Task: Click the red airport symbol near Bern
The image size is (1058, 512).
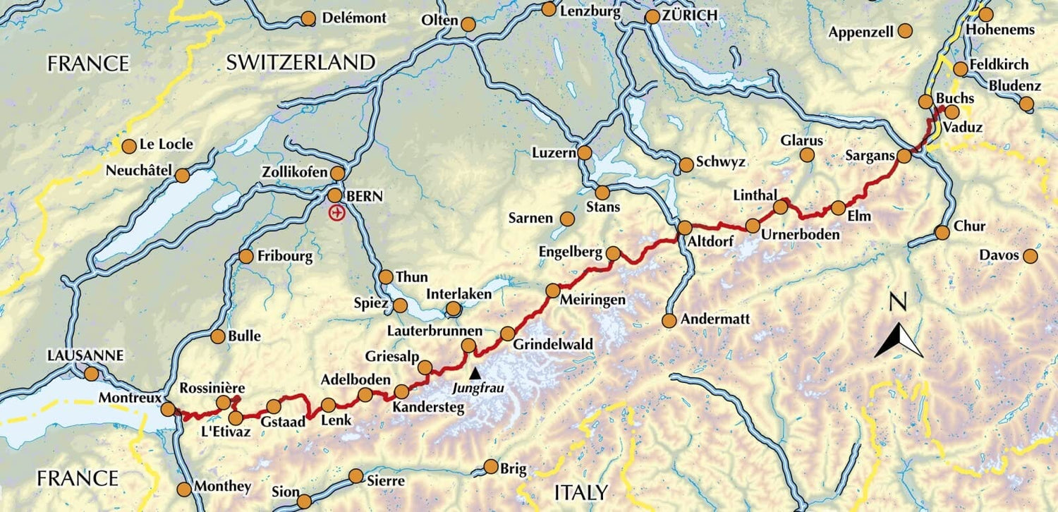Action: click(337, 212)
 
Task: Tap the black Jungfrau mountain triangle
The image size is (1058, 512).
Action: click(476, 372)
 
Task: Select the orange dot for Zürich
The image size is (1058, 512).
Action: click(652, 16)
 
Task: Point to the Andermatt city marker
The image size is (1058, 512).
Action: click(669, 321)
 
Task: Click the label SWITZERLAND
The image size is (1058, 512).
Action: click(300, 62)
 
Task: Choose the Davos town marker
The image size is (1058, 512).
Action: click(1030, 256)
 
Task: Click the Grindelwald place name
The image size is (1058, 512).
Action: click(553, 344)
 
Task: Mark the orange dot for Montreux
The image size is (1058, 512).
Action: click(168, 409)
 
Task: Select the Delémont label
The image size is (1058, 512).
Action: click(354, 18)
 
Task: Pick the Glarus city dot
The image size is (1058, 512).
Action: click(808, 155)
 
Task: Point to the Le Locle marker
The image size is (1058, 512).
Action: click(129, 147)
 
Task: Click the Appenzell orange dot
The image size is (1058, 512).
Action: click(905, 31)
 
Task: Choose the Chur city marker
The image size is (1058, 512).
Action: click(942, 233)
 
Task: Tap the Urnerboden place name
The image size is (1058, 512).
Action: click(801, 234)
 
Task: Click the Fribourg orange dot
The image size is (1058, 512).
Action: click(246, 257)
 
